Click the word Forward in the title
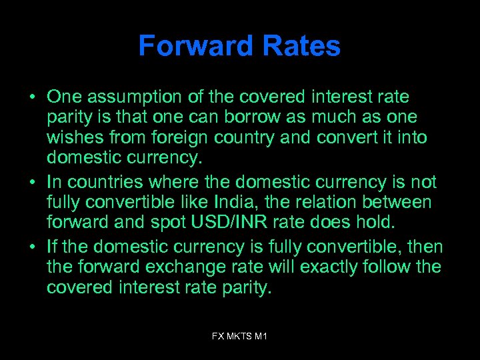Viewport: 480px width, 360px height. pyautogui.click(x=189, y=47)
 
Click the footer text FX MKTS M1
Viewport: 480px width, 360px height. pyautogui.click(x=239, y=337)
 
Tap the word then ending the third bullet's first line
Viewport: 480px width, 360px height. pyautogui.click(x=425, y=247)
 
